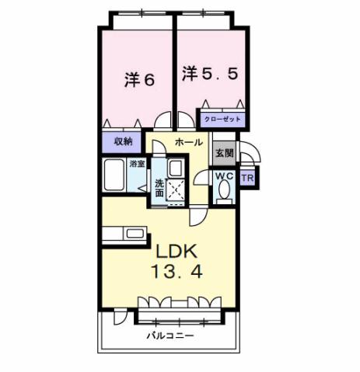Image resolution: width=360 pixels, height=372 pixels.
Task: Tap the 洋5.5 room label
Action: pos(207,74)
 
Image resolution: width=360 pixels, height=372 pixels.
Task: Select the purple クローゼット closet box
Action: pos(224,120)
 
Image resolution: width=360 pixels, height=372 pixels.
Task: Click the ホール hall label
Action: pos(188,142)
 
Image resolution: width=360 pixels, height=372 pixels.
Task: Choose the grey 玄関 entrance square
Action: pos(224,152)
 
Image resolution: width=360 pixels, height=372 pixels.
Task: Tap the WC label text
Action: pos(224,176)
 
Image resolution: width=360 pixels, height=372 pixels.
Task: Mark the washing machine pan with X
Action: pos(177,189)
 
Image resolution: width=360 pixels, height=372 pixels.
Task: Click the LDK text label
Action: pos(180,252)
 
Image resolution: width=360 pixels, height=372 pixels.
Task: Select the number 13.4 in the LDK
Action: pos(181,274)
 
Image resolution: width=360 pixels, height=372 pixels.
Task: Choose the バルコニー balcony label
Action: pos(170,337)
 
